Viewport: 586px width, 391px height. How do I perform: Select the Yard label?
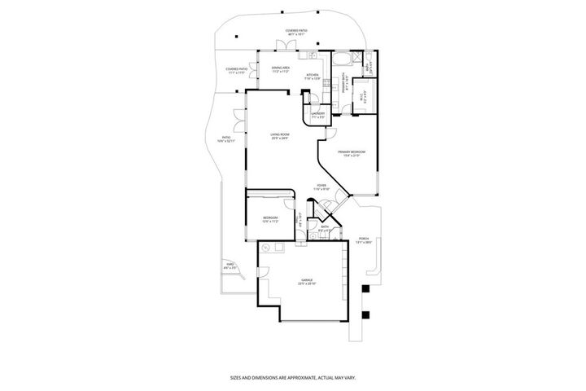(231, 266)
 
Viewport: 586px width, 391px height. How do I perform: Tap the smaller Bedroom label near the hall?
(271, 218)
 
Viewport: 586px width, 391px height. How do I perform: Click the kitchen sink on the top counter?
(311, 56)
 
